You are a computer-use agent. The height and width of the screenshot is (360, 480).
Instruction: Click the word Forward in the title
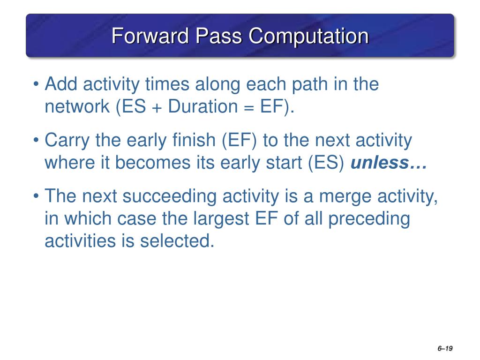[x=150, y=36]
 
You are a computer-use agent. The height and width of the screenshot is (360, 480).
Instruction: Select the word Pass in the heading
[x=218, y=36]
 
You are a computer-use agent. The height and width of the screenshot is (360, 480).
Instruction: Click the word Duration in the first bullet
[x=202, y=106]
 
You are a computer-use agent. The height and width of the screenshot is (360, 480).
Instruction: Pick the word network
[x=77, y=106]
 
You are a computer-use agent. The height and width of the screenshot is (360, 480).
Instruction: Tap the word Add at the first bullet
[x=61, y=83]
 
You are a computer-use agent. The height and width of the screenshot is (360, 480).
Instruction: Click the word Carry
[x=67, y=141]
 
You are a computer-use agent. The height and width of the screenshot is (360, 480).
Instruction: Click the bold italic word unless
[x=380, y=163]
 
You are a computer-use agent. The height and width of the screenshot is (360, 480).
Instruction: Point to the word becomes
[x=153, y=163]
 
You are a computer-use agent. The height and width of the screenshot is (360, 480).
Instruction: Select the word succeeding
[x=170, y=197]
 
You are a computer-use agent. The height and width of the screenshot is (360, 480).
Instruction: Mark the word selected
[x=177, y=240]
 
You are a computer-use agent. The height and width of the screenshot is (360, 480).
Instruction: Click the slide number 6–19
[x=445, y=348]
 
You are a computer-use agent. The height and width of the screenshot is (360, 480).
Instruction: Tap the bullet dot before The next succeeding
[x=37, y=195]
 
